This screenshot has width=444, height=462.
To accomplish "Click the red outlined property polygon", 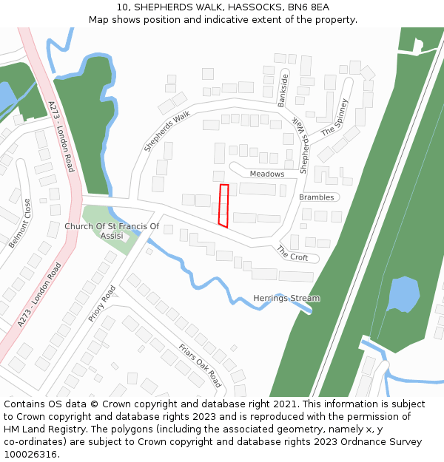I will pos(223,205).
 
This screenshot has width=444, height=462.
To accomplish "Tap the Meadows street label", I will pos(266,174).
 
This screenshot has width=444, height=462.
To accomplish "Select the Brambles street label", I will pos(317,197).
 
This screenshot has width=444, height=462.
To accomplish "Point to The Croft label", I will pos(292,253).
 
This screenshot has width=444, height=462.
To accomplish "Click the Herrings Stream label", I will pos(286,299).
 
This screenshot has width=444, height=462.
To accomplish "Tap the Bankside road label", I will pos(283,90).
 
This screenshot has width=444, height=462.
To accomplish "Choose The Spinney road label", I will pos(334,118).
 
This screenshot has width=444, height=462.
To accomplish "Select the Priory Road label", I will pos(102,303).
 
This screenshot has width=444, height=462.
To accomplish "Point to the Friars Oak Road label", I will pos(200,365).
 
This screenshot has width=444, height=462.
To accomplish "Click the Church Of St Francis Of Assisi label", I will pos(112,231).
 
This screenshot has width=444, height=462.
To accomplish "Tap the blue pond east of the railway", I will pos(403,293).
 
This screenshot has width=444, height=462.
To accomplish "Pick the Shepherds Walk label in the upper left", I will pos(167,131).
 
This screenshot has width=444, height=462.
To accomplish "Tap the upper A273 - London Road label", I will pos(61,137).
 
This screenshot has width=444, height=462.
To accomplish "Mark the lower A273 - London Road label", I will pos(38,295).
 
